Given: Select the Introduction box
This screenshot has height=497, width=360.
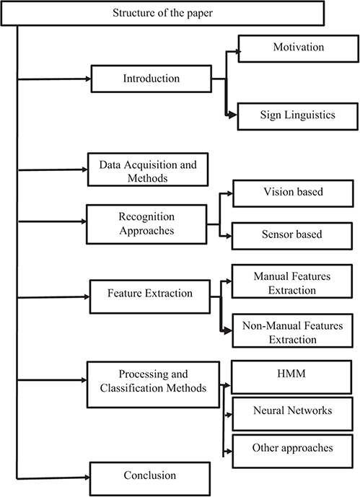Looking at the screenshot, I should click(146, 78).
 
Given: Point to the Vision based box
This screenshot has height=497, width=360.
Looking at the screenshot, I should click(287, 194).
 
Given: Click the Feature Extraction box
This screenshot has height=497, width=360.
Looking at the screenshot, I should click(149, 294).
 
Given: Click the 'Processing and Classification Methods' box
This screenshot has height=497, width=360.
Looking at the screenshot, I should click(146, 381).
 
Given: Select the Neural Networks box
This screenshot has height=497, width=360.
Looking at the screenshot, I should click(292, 411).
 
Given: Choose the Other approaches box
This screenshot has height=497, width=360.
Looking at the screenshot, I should click(292, 449).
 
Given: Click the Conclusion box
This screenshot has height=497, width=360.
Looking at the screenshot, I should click(149, 475).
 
